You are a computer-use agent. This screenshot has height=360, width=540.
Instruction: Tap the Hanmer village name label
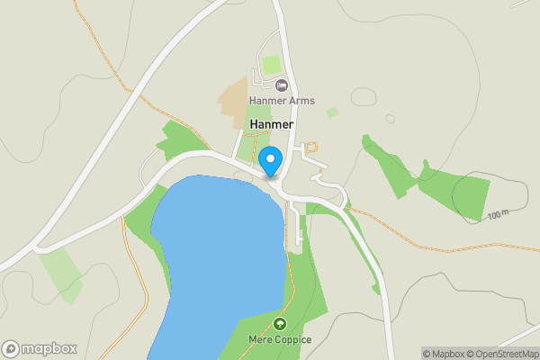[273, 124]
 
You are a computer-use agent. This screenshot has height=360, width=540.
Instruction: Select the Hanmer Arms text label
[283, 101]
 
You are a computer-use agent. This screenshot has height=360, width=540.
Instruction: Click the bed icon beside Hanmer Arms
[282, 85]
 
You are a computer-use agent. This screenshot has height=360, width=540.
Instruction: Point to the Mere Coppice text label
[279, 340]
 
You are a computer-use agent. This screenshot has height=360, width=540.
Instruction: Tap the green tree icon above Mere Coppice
[279, 324]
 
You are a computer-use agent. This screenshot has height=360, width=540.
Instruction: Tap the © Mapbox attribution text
[443, 354]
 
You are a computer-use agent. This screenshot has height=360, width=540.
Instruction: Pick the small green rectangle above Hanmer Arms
[271, 65]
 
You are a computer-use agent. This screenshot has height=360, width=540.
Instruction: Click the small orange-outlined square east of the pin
[312, 146]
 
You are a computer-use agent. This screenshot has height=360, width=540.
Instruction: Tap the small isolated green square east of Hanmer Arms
[332, 112]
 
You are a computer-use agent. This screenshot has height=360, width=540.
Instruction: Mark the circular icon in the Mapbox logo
[11, 348]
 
